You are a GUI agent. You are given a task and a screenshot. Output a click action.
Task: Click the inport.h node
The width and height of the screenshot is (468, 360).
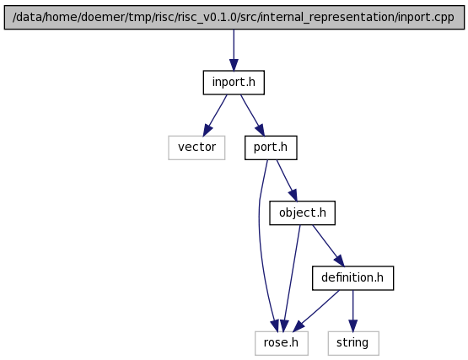tap(234, 83)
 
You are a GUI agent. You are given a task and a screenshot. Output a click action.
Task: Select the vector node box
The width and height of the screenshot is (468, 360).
tap(196, 148)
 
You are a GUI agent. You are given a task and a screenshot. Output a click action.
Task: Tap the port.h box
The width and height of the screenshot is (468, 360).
tap(271, 148)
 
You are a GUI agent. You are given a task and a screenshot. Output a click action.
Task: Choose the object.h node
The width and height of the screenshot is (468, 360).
tap(303, 212)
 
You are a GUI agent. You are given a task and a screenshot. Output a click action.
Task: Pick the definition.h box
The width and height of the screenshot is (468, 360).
tap(352, 278)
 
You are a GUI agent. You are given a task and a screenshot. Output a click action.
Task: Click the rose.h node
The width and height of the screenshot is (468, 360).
tap(282, 343)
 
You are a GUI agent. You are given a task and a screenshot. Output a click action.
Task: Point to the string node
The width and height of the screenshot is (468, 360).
tap(353, 343)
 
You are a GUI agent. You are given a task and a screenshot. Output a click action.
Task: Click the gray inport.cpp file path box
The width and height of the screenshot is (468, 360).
tap(234, 18)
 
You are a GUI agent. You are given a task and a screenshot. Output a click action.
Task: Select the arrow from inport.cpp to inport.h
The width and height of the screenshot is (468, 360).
tap(234, 50)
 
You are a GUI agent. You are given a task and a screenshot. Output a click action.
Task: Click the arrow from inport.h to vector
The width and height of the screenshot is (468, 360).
tap(215, 116)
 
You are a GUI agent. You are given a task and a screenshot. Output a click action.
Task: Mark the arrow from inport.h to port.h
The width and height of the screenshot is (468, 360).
tap(252, 116)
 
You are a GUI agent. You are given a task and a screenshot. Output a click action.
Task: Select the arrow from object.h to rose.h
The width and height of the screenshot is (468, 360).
tap(292, 278)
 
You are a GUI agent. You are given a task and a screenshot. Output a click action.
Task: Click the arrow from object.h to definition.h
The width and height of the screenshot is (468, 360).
tap(328, 245)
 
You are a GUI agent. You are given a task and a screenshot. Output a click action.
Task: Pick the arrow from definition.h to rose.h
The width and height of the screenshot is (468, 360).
tap(316, 311)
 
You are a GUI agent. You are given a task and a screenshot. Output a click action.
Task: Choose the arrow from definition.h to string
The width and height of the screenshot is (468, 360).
tap(352, 311)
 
